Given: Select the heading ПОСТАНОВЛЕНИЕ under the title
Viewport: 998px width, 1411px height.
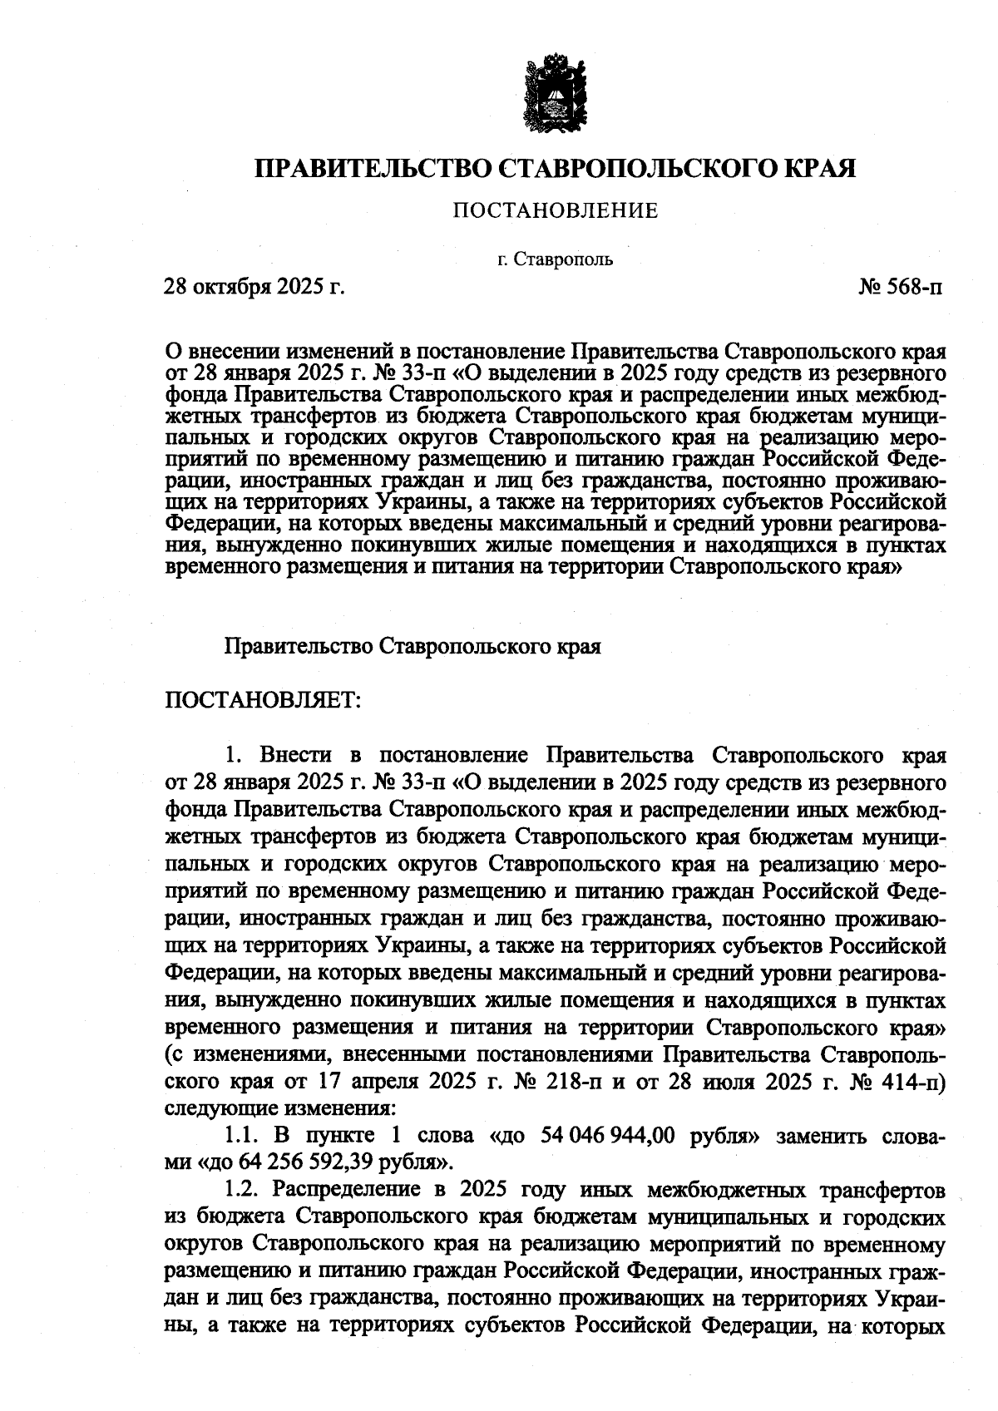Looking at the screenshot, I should [x=555, y=211].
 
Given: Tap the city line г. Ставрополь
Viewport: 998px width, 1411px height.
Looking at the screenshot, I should [x=555, y=259].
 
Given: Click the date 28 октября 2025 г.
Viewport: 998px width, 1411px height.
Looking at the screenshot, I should [x=254, y=288].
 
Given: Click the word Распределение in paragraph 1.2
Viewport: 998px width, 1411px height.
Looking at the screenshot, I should [x=350, y=1190].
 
